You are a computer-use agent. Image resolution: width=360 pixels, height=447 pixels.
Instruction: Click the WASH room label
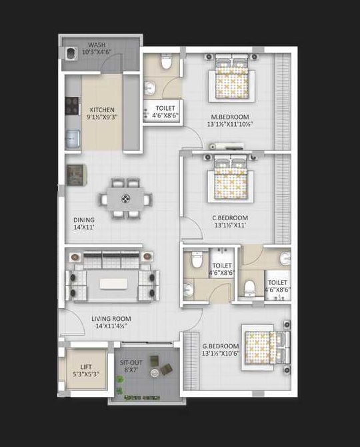click(97, 45)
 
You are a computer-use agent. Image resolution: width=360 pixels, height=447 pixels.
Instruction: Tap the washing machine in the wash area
click(71, 53)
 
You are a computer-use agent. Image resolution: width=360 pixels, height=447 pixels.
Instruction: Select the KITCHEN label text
click(102, 110)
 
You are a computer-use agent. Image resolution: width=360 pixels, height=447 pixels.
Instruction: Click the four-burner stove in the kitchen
click(72, 106)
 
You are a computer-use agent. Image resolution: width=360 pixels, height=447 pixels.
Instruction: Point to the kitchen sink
click(73, 139)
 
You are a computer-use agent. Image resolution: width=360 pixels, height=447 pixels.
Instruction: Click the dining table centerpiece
click(125, 198)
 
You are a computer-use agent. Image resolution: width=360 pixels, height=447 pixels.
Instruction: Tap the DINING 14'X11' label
click(84, 223)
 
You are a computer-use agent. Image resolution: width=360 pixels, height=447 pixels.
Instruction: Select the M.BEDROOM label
click(230, 117)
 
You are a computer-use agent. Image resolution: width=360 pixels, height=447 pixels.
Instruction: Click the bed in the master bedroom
click(231, 76)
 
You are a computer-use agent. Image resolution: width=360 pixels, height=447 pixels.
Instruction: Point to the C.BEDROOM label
click(230, 217)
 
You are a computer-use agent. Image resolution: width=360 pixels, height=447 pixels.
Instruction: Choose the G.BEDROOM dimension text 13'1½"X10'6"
click(221, 354)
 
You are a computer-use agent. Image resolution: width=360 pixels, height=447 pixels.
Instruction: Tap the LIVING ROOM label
click(111, 319)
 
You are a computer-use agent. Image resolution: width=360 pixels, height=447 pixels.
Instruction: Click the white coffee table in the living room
click(113, 284)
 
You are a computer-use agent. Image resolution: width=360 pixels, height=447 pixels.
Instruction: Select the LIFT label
click(86, 367)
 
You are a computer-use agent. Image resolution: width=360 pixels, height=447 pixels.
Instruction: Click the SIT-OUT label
click(131, 363)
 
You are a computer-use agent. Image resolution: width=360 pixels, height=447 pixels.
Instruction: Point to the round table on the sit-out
click(154, 372)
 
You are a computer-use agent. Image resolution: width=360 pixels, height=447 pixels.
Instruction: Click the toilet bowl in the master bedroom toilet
click(166, 61)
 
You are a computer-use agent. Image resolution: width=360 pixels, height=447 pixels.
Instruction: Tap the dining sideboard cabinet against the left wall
click(75, 175)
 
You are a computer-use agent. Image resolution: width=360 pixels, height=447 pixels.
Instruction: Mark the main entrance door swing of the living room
click(73, 322)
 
